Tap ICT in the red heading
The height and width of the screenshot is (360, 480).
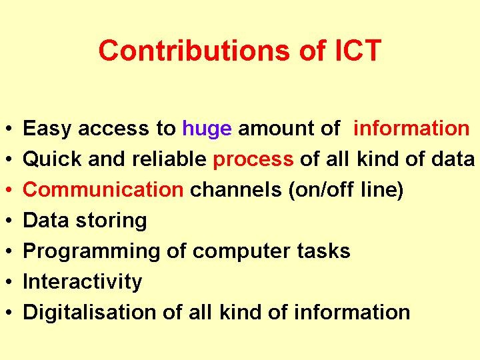click(x=358, y=50)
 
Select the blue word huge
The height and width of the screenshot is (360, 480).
click(x=207, y=129)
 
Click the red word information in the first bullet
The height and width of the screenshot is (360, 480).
click(x=411, y=128)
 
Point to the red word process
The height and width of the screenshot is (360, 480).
click(x=253, y=160)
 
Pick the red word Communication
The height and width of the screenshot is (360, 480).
click(x=103, y=189)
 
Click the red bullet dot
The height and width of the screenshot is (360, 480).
click(x=9, y=190)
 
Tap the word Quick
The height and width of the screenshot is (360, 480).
click(x=53, y=159)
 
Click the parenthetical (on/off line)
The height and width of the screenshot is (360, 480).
click(x=346, y=190)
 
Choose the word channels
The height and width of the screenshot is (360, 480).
click(x=236, y=189)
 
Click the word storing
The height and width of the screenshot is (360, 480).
click(x=111, y=221)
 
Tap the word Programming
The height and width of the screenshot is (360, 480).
click(x=91, y=252)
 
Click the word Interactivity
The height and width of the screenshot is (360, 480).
click(x=83, y=282)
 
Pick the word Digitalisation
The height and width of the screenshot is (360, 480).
click(x=90, y=313)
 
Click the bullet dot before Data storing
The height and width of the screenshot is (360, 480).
click(x=9, y=221)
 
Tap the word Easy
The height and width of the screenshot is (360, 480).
click(x=47, y=129)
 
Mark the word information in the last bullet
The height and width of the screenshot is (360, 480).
click(x=352, y=312)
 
